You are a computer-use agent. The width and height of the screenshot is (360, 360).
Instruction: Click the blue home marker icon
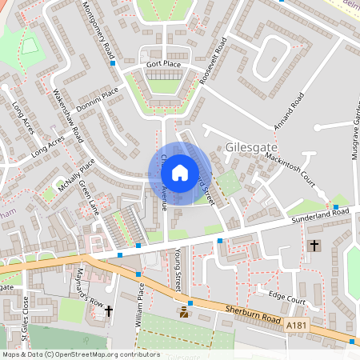(x=180, y=172)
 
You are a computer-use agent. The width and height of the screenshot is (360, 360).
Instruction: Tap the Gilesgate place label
(x=254, y=147)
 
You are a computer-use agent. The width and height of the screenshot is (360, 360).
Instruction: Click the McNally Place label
(x=76, y=170)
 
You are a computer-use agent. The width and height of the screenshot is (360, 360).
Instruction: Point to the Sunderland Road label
(x=322, y=211)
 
